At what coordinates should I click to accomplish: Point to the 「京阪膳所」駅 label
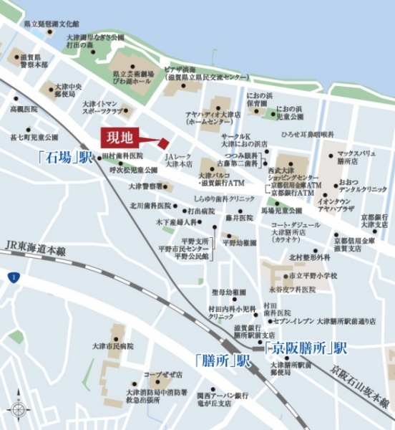pyautogui.click(x=306, y=348)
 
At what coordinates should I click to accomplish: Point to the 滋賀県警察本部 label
pyautogui.click(x=34, y=60)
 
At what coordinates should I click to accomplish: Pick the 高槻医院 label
pyautogui.click(x=26, y=110)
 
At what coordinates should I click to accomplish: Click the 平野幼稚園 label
pyautogui.click(x=239, y=243)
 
